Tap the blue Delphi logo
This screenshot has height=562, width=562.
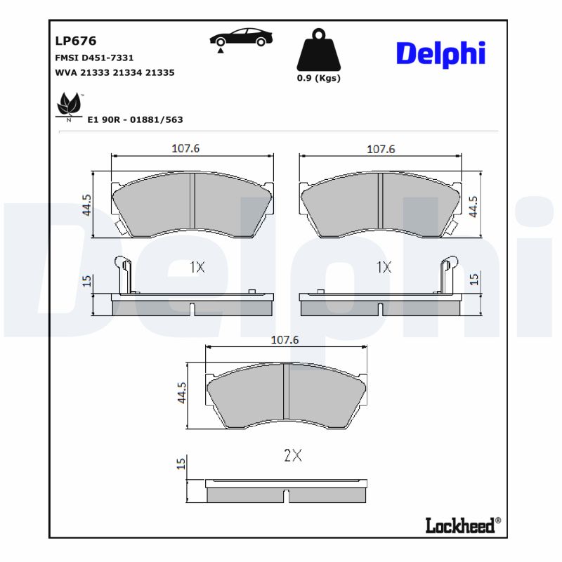(x=440, y=53)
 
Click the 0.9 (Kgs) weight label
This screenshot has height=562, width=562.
(x=318, y=78)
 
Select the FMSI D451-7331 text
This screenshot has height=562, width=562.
(x=94, y=58)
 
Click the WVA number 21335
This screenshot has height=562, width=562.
(x=160, y=72)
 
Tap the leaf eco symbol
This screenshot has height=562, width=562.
(x=69, y=106)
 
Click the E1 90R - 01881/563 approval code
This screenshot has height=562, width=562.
(x=135, y=119)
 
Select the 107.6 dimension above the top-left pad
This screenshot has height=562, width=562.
(x=186, y=149)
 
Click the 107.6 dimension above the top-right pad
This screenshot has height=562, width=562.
(x=381, y=149)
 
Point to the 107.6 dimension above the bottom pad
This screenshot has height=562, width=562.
(x=285, y=339)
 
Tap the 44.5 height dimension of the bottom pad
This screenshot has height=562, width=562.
(x=181, y=393)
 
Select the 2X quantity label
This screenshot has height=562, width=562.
(x=292, y=455)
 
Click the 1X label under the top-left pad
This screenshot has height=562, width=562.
(x=197, y=267)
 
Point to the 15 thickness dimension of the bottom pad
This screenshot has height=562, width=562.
(x=181, y=463)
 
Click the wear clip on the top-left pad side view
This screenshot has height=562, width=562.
(x=124, y=274)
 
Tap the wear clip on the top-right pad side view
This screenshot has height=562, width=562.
(x=446, y=274)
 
